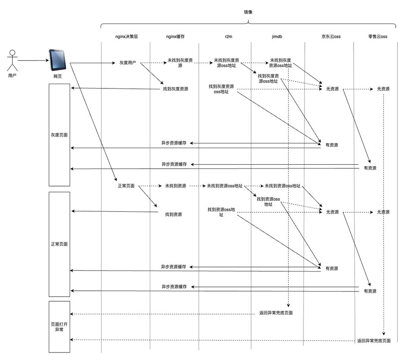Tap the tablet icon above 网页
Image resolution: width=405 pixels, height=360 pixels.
click(x=57, y=60)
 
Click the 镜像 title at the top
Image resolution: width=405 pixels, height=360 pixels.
click(x=248, y=12)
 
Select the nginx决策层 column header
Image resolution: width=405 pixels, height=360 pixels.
click(x=125, y=37)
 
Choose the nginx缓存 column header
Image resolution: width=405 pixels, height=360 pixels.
click(x=175, y=37)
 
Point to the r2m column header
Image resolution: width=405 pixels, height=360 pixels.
click(x=228, y=37)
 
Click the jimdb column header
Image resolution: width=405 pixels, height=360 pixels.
click(x=276, y=37)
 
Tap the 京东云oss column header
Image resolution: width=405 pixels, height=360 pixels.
click(x=331, y=37)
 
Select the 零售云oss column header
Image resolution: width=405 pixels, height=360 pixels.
click(x=377, y=37)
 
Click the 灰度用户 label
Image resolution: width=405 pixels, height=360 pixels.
click(x=128, y=63)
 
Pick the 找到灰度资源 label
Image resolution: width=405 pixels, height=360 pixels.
click(x=175, y=89)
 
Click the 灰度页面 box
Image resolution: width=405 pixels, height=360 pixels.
click(x=59, y=135)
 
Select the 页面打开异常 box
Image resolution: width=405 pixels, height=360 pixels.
click(x=59, y=327)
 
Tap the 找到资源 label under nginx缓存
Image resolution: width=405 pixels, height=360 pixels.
click(x=173, y=214)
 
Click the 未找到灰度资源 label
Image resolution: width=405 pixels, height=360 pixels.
click(x=176, y=63)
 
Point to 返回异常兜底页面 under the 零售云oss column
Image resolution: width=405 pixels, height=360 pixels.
click(x=374, y=341)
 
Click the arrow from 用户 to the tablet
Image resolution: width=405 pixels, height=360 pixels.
click(x=32, y=60)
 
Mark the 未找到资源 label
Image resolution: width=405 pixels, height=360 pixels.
click(x=175, y=186)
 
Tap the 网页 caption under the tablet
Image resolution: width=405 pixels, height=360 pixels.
click(x=57, y=76)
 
